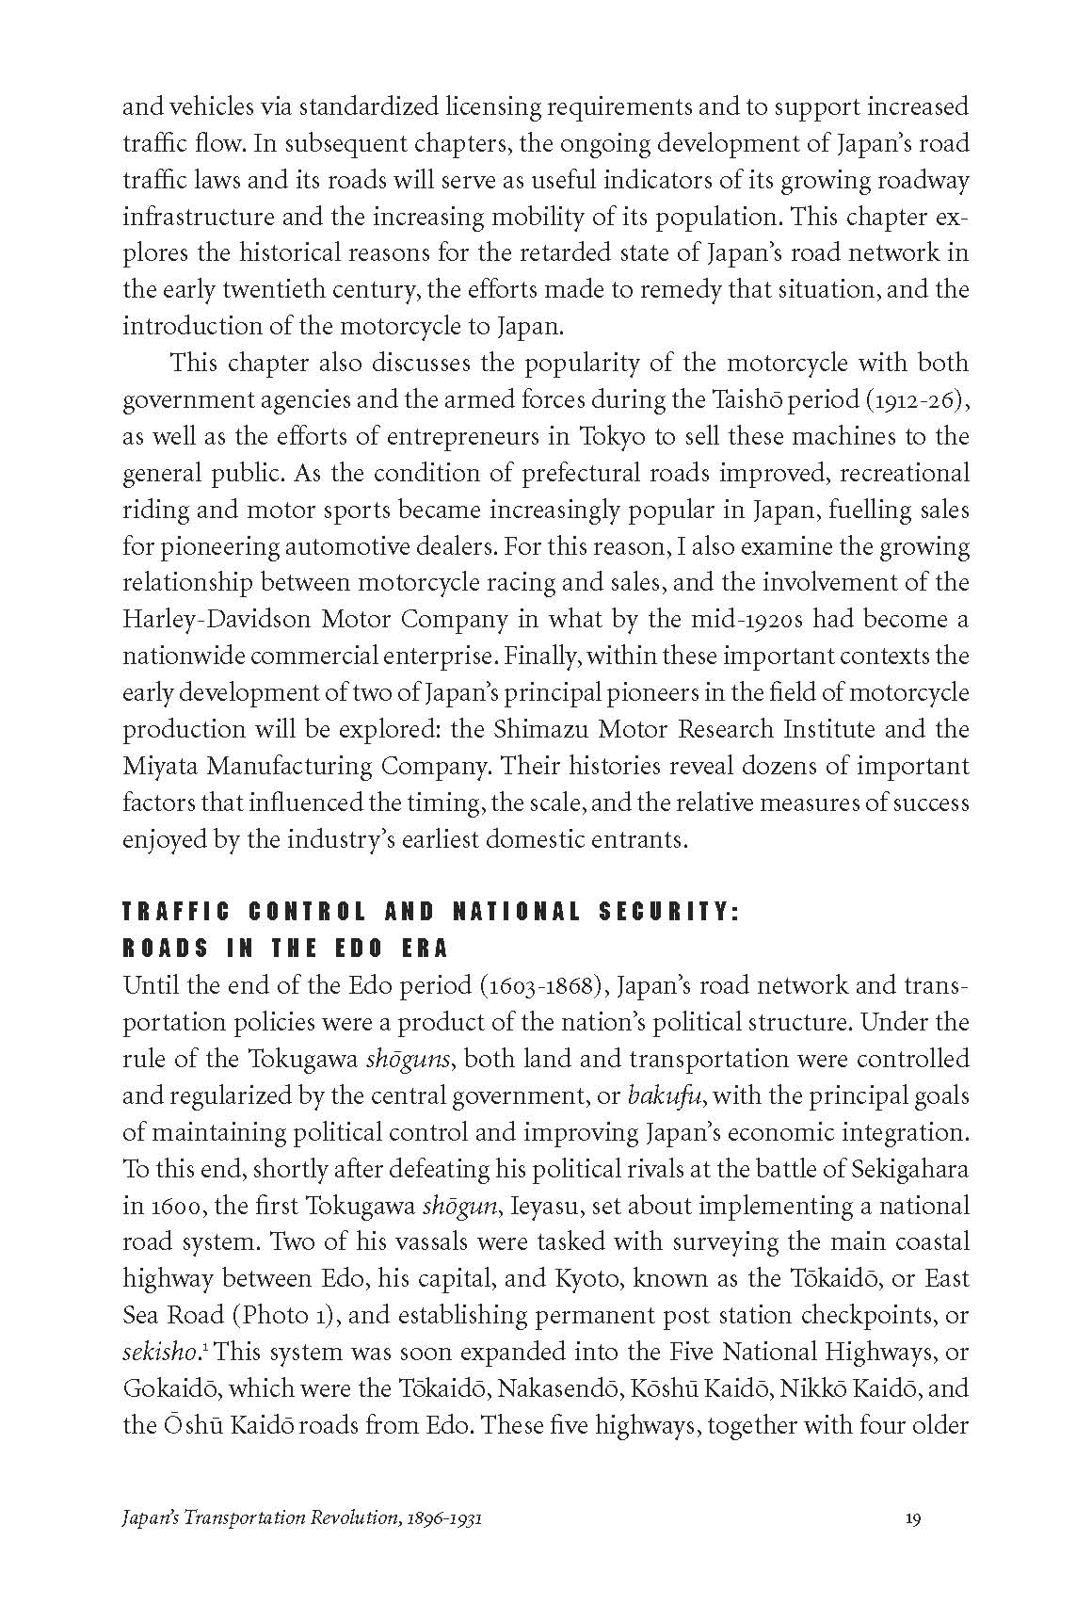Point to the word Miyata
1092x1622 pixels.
tap(159, 766)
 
